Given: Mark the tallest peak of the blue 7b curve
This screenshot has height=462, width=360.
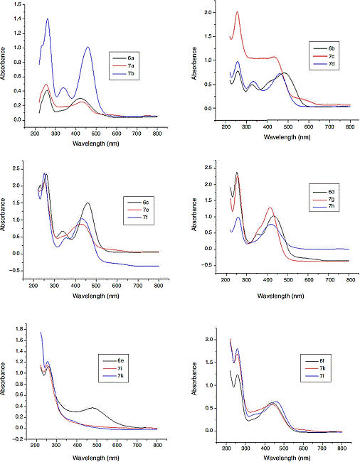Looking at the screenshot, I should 47,19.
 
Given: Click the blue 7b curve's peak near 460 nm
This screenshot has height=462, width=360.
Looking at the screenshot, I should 88,48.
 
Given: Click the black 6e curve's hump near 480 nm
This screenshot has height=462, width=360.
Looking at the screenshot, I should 92,408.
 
